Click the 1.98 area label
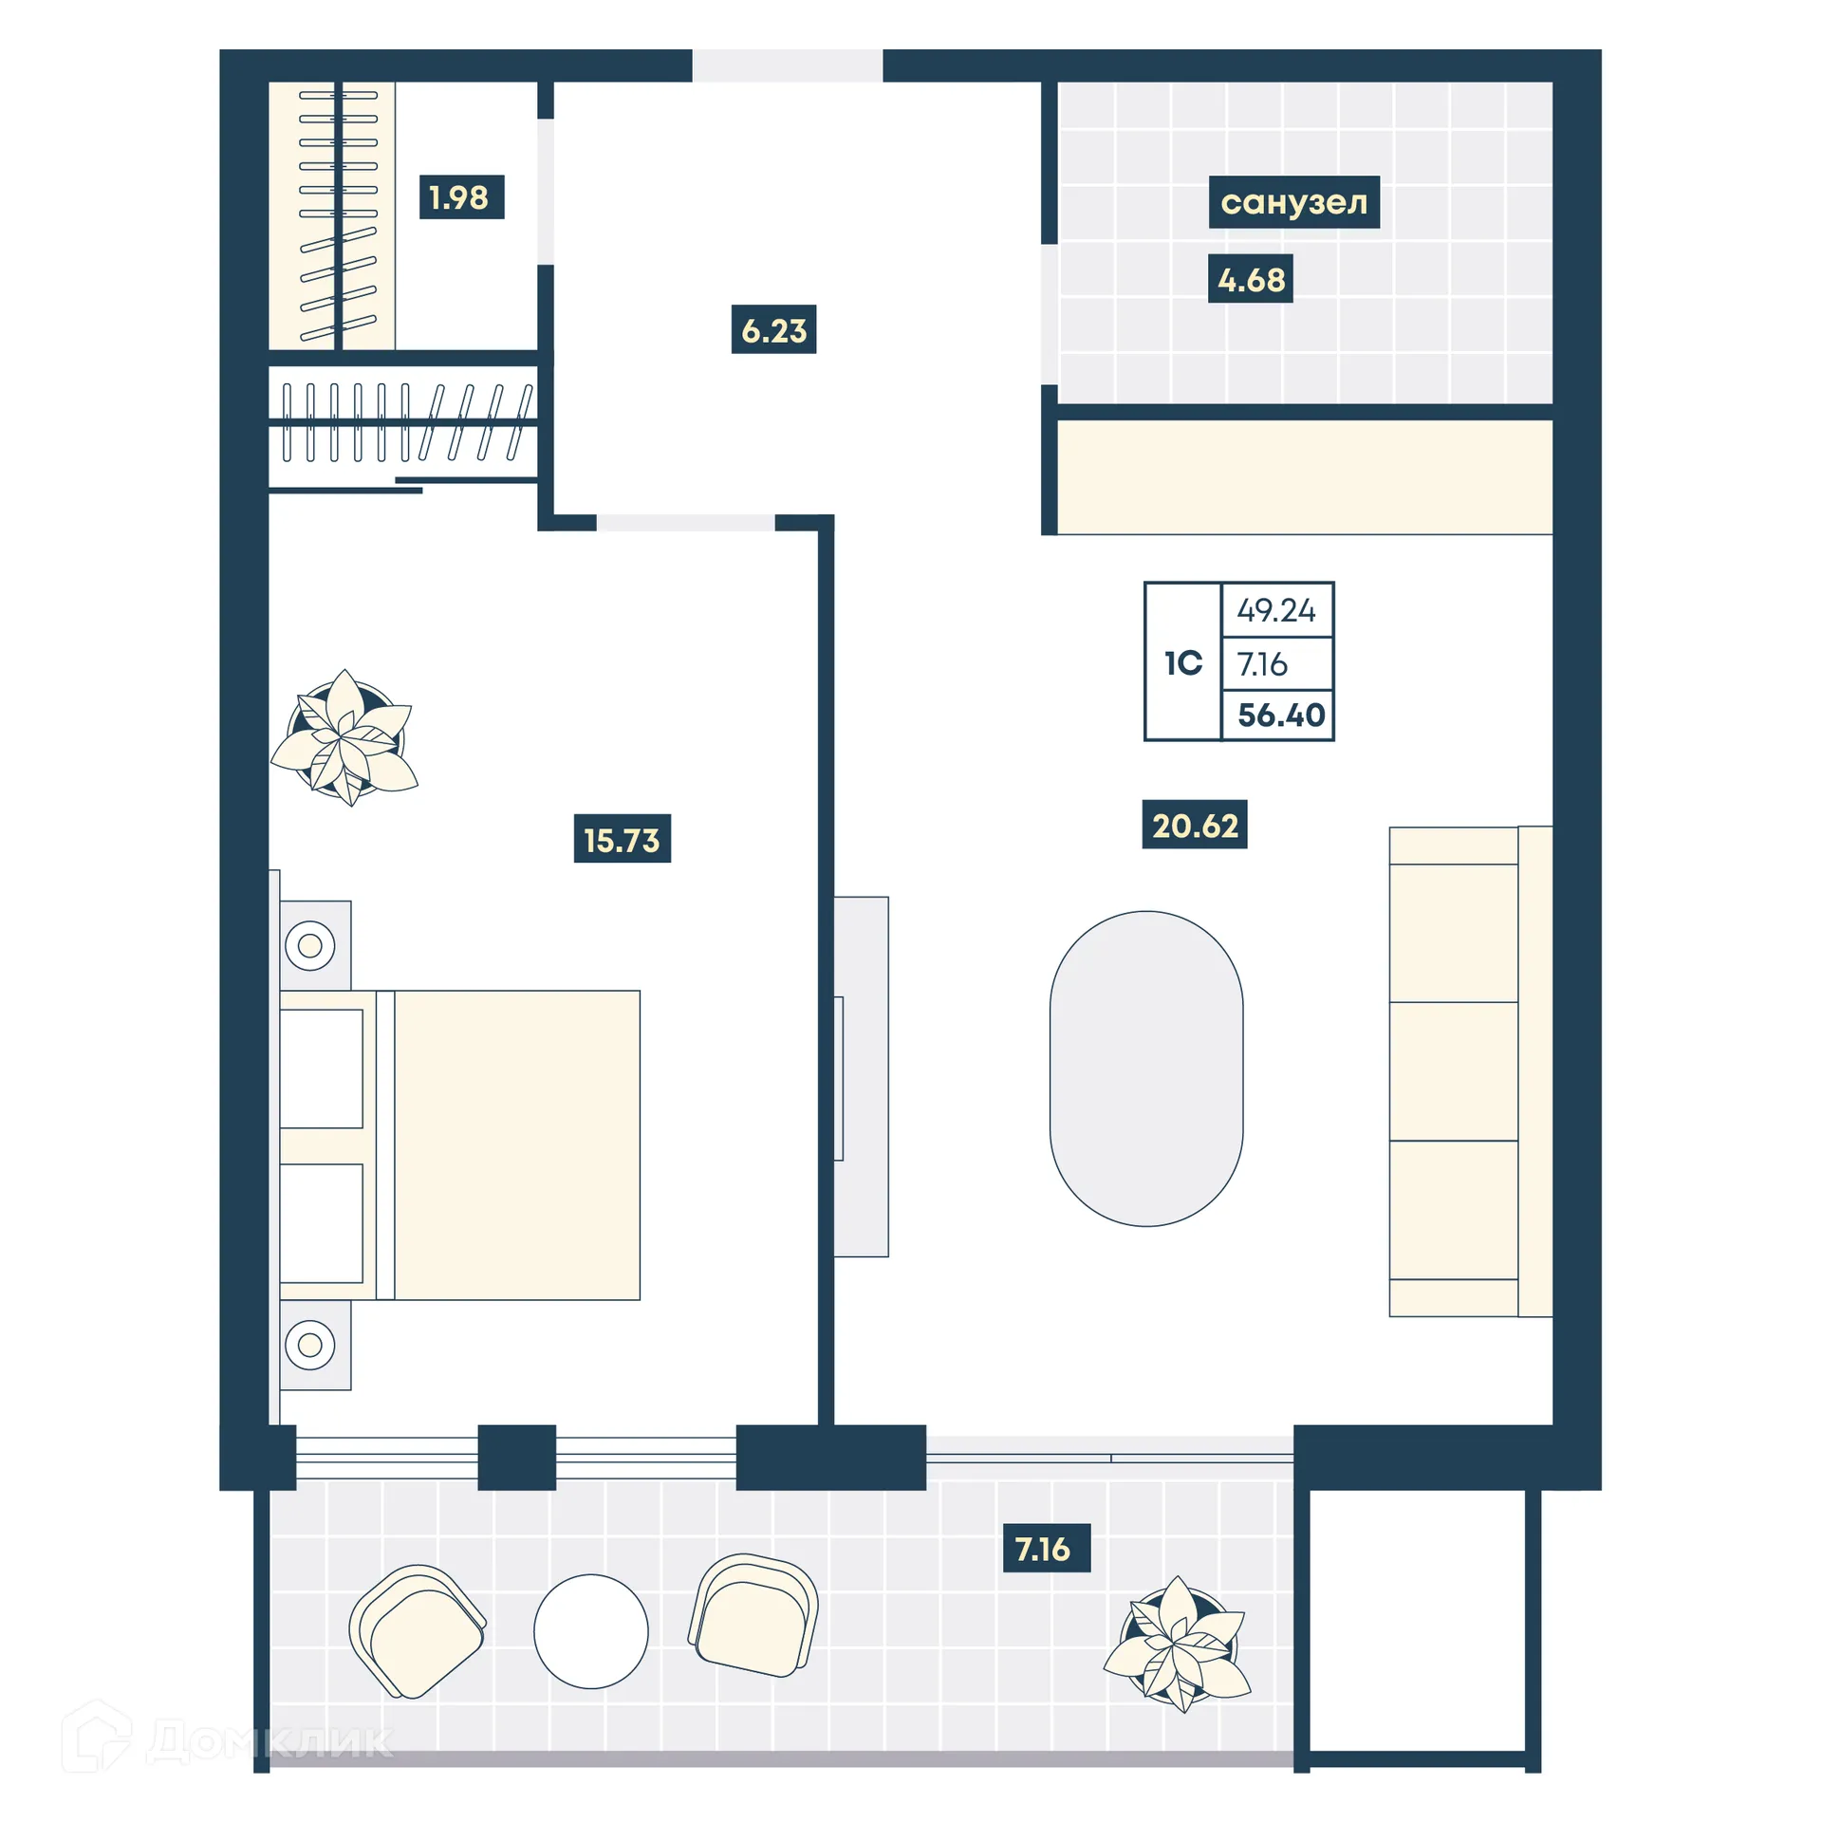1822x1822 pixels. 461,197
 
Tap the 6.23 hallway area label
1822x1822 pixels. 773,330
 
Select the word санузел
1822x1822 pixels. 1293,202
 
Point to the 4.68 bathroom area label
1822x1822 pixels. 1250,280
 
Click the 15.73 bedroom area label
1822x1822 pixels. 622,839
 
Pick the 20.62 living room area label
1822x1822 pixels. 1194,825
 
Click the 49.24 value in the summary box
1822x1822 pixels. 1275,610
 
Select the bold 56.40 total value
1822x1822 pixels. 1280,715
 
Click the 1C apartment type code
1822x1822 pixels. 1182,662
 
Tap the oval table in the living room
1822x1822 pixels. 1146,1069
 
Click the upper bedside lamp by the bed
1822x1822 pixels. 310,945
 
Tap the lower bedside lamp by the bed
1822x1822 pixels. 310,1345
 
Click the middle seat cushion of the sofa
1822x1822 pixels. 1453,1070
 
